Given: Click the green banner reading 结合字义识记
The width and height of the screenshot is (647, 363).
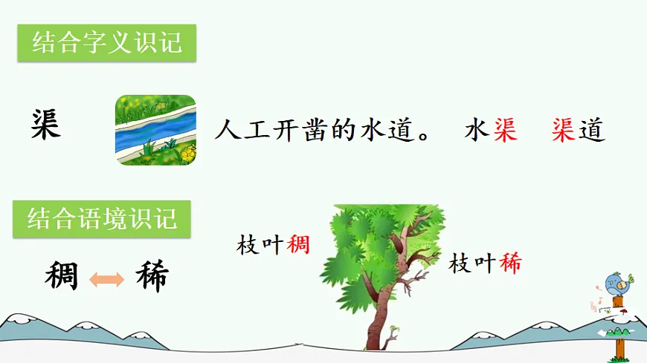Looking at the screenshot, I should click(x=106, y=42).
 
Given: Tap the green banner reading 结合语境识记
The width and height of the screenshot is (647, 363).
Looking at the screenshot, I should click(x=102, y=219).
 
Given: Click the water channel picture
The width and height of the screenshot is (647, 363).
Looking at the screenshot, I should click(x=155, y=130).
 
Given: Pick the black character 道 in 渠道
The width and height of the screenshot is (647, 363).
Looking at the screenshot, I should click(x=593, y=131).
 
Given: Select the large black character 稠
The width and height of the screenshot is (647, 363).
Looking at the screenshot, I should click(x=62, y=277).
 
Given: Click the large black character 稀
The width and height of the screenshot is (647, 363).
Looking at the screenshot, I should click(x=152, y=277).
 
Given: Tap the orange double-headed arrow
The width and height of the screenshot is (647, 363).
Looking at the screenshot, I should click(x=106, y=279).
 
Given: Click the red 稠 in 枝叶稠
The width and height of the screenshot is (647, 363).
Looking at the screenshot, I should click(x=297, y=245).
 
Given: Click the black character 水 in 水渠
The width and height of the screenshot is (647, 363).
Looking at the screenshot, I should click(x=475, y=131).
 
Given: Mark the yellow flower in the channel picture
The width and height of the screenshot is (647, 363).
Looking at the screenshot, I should click(x=189, y=154).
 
